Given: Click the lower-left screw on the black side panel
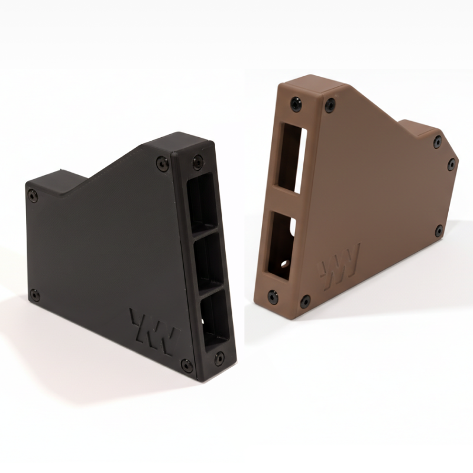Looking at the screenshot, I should pos(35,294).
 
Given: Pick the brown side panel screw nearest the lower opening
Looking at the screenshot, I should pos(305,301).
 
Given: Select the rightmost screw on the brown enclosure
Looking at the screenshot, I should pos(452,164).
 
